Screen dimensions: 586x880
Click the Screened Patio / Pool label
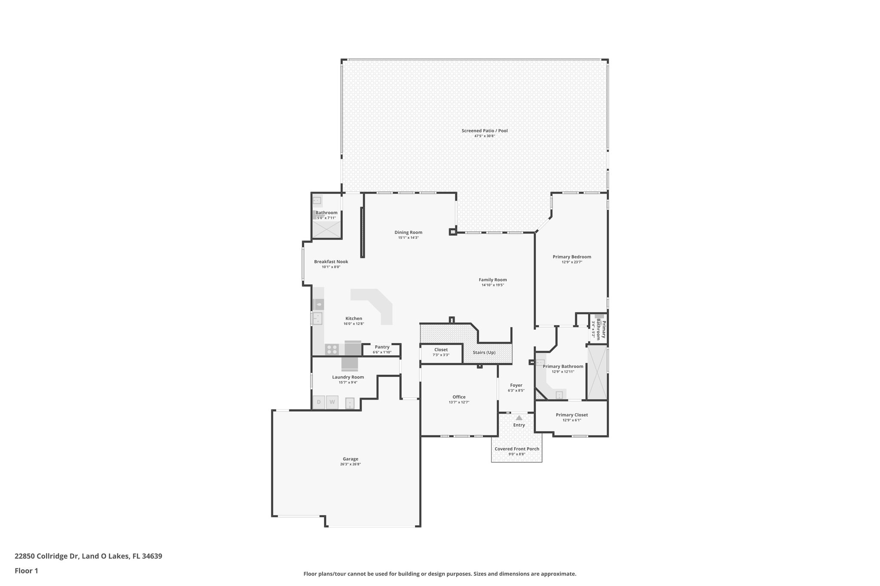point(484,131)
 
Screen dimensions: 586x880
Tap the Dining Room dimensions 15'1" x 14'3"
point(408,237)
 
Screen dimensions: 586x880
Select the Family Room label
point(492,279)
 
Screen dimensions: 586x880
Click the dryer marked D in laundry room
point(319,402)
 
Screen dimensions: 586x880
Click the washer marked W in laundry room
point(332,402)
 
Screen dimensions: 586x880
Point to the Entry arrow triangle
point(519,417)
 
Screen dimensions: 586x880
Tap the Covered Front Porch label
point(516,449)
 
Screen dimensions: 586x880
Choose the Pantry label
point(382,347)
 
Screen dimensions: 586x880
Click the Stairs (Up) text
point(484,352)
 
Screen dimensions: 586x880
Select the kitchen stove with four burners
point(332,349)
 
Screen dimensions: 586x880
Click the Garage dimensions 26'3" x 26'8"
point(350,464)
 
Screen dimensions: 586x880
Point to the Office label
point(458,397)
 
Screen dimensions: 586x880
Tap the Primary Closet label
point(571,415)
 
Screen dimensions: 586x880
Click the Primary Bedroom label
point(571,257)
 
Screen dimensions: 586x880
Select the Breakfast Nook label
point(331,261)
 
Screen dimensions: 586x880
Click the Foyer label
point(516,385)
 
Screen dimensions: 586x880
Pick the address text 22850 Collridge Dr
point(47,556)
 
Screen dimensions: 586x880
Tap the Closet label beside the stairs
point(441,349)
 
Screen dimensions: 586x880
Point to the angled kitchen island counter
point(378,303)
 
